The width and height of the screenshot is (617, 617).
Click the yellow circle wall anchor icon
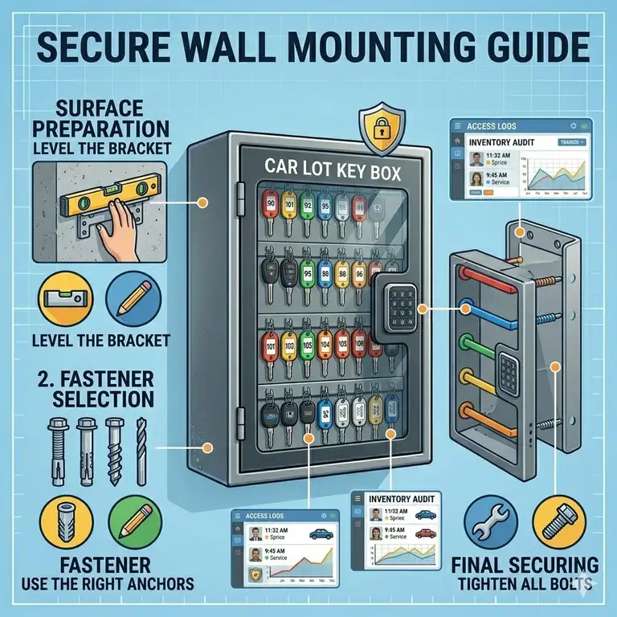pos(61,521)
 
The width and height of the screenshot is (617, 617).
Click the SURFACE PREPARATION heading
pos(89,118)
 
